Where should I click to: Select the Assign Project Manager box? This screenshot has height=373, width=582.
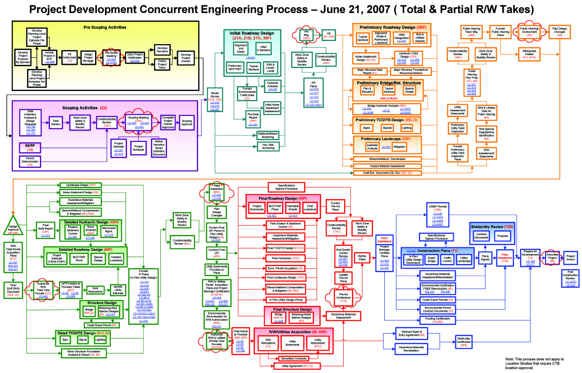click(88, 57)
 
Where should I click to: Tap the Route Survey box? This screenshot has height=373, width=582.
click(215, 101)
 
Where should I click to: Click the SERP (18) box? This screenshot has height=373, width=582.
click(30, 147)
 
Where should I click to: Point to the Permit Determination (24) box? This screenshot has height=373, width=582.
click(30, 161)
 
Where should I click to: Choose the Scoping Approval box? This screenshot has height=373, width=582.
click(186, 122)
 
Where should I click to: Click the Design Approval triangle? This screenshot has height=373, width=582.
click(14, 225)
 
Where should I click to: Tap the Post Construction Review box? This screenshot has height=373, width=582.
click(570, 279)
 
